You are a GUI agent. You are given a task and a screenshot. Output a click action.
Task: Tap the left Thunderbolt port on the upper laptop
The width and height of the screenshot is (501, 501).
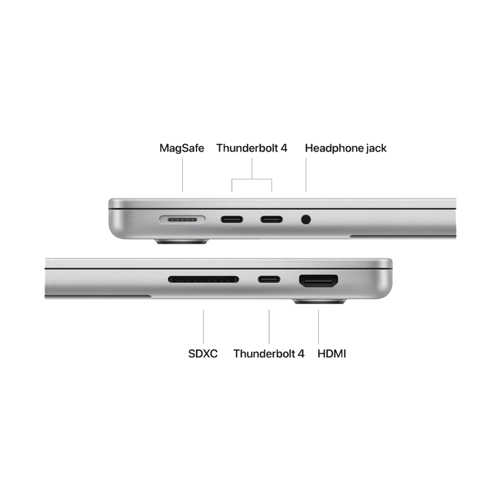[232, 219]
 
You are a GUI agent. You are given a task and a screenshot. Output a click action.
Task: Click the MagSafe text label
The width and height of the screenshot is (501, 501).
[181, 148]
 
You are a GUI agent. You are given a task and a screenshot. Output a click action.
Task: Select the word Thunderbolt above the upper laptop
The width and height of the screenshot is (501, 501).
[248, 148]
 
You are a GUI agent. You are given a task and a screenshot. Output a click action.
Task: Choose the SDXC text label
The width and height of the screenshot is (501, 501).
[203, 354]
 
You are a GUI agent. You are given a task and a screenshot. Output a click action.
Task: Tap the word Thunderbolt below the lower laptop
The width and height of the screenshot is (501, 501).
[265, 354]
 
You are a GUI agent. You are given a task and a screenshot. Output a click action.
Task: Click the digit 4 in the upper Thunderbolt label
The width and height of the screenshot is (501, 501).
[283, 148]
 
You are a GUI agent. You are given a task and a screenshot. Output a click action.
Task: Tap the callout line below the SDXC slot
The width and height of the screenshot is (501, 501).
[203, 326]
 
